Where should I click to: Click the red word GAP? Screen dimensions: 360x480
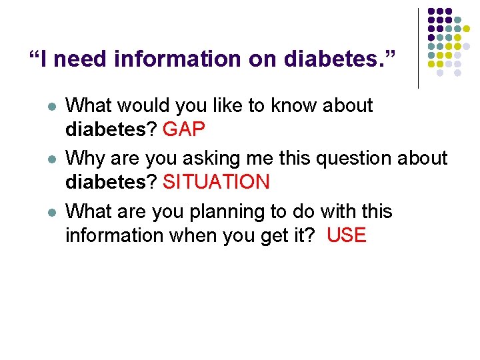184,129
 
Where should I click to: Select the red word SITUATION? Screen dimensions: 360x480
216,182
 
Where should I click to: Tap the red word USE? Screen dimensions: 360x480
347,235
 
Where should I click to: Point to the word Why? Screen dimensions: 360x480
83,159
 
